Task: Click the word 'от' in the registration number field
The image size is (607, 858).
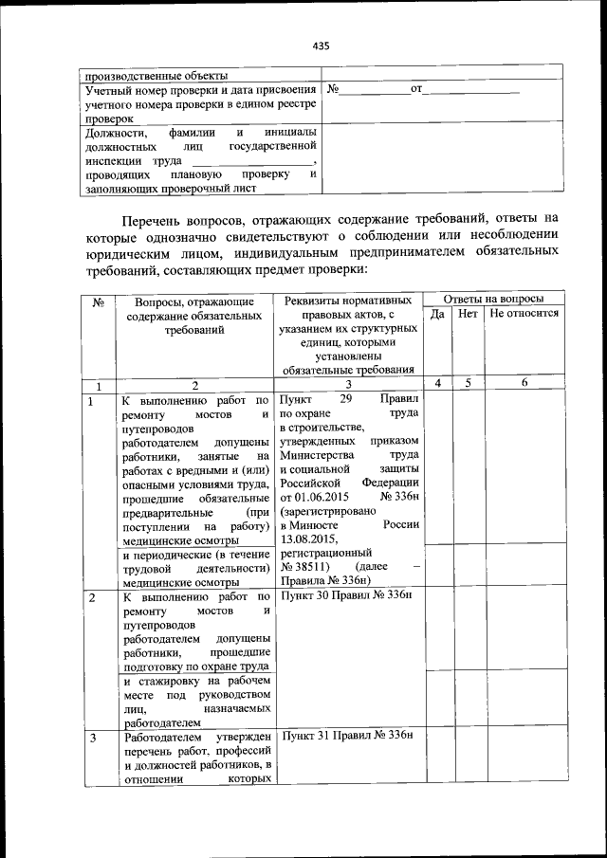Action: point(415,89)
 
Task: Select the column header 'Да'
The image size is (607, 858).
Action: point(437,313)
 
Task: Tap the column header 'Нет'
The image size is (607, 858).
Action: point(468,313)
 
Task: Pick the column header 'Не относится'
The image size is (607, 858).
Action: point(524,313)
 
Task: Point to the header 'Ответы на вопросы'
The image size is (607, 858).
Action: point(494,298)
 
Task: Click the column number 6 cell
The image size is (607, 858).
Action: point(524,383)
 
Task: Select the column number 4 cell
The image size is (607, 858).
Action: point(437,383)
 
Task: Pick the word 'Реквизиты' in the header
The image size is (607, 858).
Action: point(314,300)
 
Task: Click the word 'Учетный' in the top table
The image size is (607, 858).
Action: point(101,90)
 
